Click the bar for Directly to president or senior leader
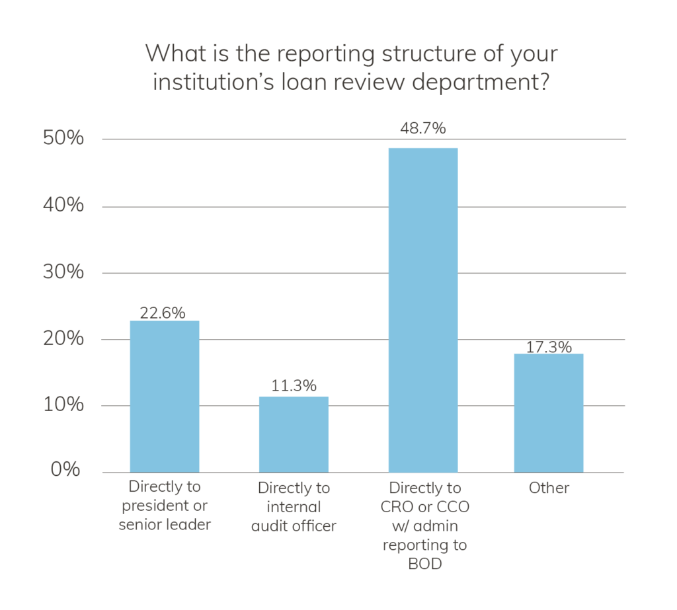(165, 397)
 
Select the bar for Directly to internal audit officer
(294, 434)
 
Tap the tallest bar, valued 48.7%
(423, 310)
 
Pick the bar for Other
(549, 413)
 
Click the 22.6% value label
(163, 313)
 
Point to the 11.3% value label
(294, 385)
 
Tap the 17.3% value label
(549, 346)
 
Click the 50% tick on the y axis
(64, 139)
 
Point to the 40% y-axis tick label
(64, 206)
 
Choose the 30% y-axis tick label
(64, 272)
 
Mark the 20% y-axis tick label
(64, 338)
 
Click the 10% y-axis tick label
(64, 404)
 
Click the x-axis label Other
(549, 488)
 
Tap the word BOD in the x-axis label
(424, 564)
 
